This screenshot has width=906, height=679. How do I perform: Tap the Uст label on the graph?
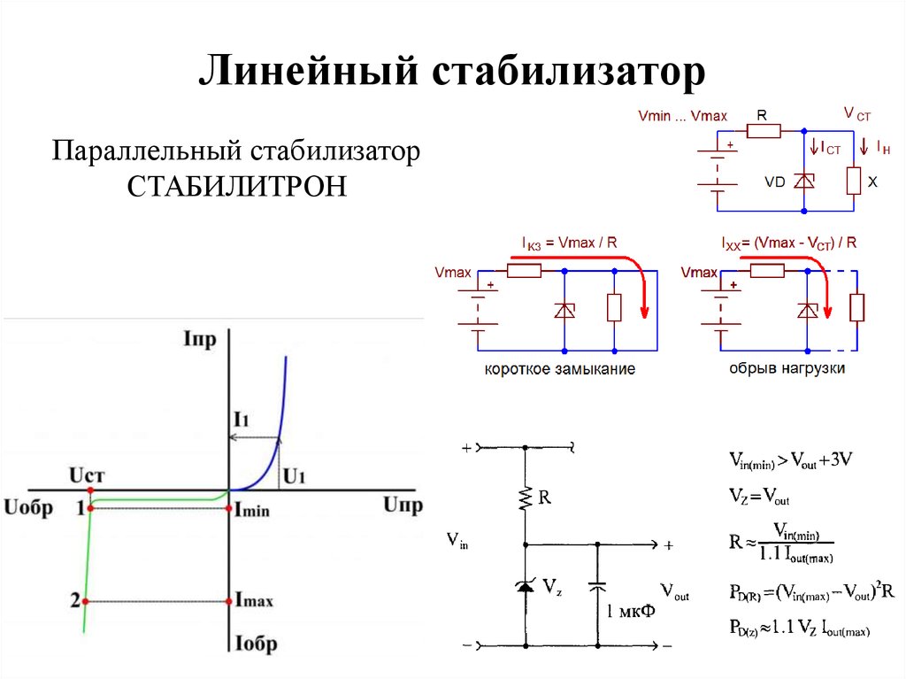(88, 475)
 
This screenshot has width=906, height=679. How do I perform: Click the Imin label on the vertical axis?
(252, 511)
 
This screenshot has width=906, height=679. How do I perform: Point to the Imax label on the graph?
(254, 601)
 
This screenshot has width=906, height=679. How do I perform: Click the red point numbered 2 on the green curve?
(86, 601)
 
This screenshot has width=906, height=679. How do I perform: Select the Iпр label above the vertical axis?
(199, 339)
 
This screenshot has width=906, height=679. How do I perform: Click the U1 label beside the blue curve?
(294, 477)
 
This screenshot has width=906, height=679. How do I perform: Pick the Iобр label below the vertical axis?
(256, 644)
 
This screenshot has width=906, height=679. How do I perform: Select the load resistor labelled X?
(854, 181)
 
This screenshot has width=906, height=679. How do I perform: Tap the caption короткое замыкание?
(559, 368)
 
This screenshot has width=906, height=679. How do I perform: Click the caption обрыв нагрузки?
(787, 367)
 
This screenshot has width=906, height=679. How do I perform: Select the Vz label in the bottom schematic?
(552, 585)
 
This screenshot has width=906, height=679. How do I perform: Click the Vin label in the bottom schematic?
(457, 541)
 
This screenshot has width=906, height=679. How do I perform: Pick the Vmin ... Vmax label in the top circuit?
(682, 116)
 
